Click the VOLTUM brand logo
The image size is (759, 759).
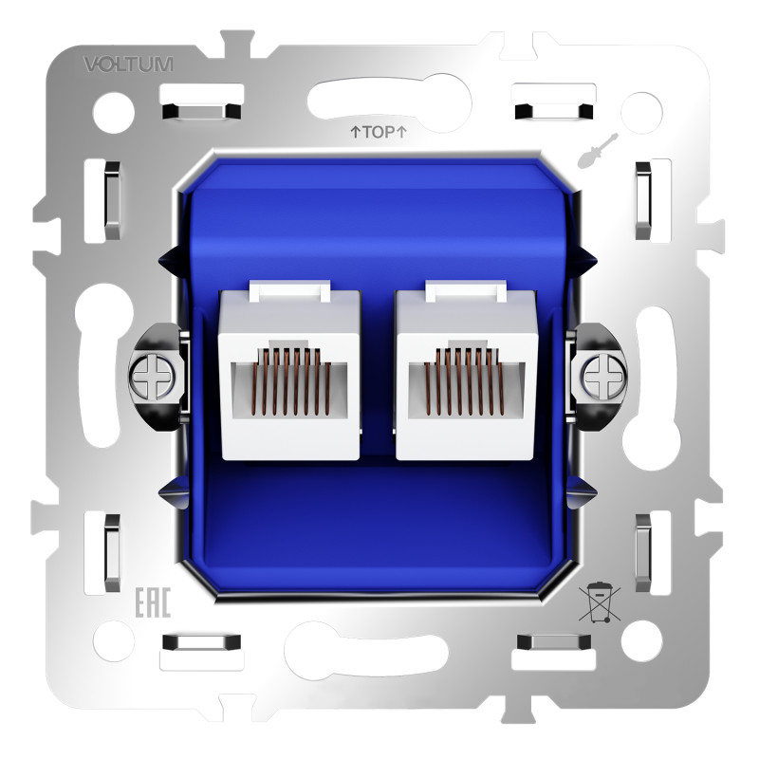click(x=128, y=64)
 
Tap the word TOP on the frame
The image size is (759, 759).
click(x=379, y=132)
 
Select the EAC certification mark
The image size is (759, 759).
click(x=153, y=602)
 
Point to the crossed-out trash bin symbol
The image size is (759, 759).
click(x=600, y=602)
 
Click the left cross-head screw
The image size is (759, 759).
click(x=153, y=376)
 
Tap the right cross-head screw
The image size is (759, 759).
click(x=604, y=376)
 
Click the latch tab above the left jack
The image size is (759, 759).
click(x=289, y=291)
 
